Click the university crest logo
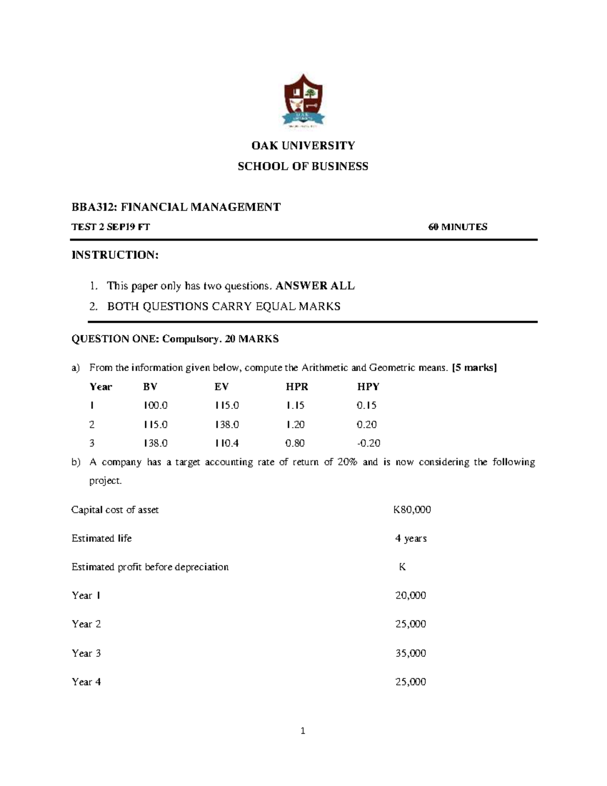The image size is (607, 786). pos(303,101)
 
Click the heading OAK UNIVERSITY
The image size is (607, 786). pos(303,146)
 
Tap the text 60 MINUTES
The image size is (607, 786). pos(458,227)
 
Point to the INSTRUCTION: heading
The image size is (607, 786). pos(115,255)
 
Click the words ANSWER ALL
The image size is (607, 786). pos(316,286)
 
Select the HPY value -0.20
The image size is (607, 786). pos(368,443)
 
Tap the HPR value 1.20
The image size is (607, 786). pos(295,425)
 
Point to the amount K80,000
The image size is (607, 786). pos(412,510)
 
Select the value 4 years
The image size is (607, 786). pos(411,539)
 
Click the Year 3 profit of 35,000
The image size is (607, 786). pos(410,653)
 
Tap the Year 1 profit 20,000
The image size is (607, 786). pos(410,596)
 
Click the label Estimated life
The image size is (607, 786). pos(102,539)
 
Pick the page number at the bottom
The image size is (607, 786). pos(303,730)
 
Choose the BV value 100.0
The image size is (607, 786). pos(155,406)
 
